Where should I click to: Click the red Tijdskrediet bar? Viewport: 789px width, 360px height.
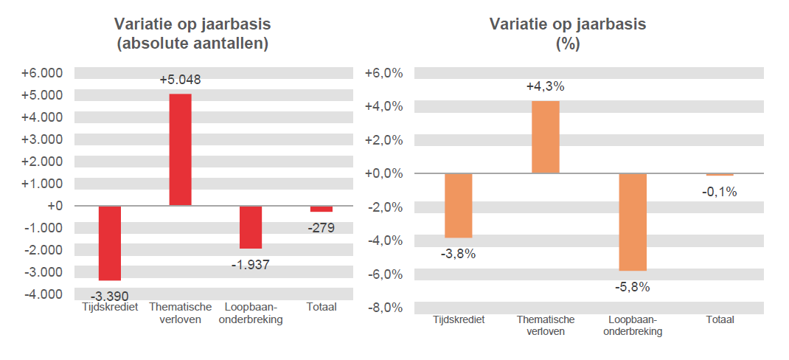tap(110, 243)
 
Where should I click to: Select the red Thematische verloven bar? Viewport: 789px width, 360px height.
tap(180, 150)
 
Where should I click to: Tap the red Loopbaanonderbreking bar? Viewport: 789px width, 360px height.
tap(251, 227)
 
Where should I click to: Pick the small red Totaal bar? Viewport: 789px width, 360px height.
tap(321, 209)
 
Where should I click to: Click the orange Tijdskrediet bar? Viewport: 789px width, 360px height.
tap(458, 205)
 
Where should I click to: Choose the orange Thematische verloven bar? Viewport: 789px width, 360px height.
tap(546, 137)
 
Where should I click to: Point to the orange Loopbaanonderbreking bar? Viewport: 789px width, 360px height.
tap(633, 222)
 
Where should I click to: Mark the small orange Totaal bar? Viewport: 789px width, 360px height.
tap(720, 175)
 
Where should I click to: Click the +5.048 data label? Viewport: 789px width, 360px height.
tap(180, 80)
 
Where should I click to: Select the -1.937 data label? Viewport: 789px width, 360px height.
tap(251, 264)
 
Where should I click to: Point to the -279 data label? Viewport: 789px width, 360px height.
tap(321, 228)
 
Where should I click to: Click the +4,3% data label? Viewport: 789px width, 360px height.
tap(546, 86)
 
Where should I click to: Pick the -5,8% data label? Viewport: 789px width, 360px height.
tap(633, 287)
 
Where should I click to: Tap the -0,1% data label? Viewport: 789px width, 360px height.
tap(720, 192)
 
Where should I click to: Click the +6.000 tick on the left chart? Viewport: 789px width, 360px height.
tap(43, 73)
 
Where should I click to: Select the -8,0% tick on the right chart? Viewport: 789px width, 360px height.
tap(384, 308)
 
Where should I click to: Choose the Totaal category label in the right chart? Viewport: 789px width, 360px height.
tap(720, 320)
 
